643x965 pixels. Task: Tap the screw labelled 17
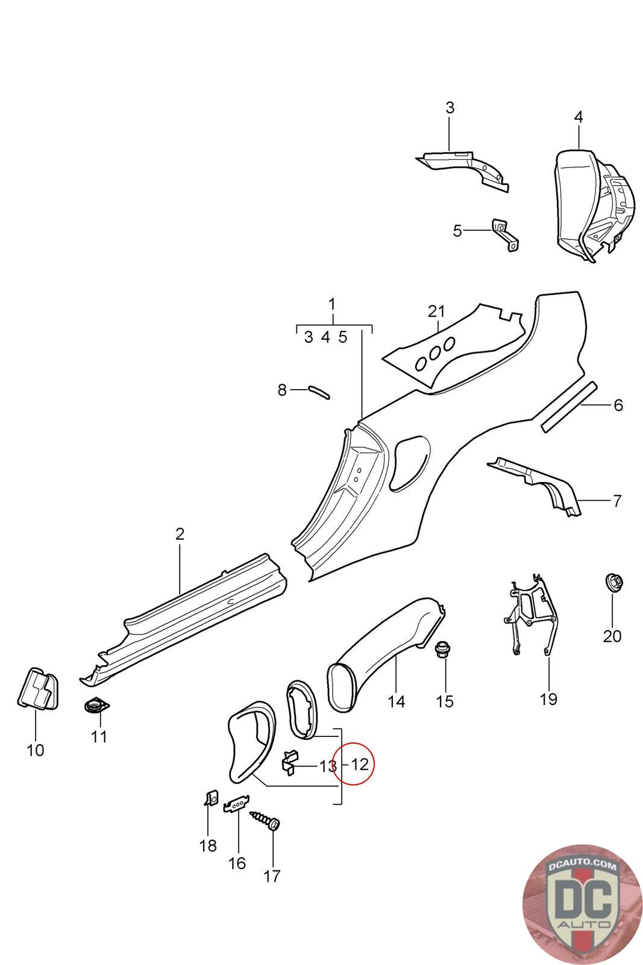266,820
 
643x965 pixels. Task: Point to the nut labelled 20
613,583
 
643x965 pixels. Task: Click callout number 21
436,311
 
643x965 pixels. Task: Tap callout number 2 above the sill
180,534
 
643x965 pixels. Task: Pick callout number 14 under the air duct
397,701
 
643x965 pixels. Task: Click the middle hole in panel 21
434,353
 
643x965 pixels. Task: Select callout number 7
616,501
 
